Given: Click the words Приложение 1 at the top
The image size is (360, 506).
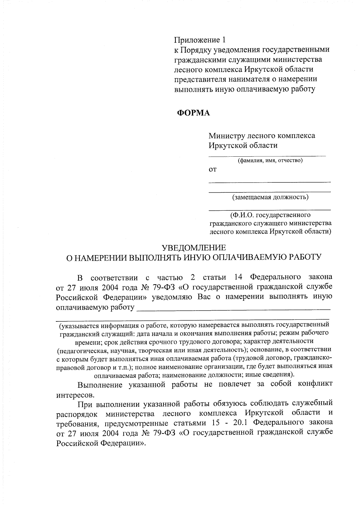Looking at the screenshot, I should pos(199,40).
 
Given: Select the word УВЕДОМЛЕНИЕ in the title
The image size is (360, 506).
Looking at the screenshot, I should pos(194,248).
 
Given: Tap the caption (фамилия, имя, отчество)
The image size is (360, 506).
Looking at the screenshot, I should pos(270,161).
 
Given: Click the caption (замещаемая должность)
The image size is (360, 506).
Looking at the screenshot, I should pos(270,197).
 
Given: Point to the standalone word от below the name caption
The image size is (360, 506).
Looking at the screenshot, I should pos(212,170).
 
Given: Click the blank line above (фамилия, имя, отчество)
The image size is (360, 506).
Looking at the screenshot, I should pos(267,156).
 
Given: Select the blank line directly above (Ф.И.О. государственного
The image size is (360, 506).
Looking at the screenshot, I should pos(269,209).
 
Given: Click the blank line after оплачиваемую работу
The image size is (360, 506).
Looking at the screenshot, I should pos(233,309).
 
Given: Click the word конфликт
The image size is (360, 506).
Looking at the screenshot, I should pos(315,384).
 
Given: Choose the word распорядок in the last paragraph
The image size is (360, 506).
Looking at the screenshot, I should pos(77,414).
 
